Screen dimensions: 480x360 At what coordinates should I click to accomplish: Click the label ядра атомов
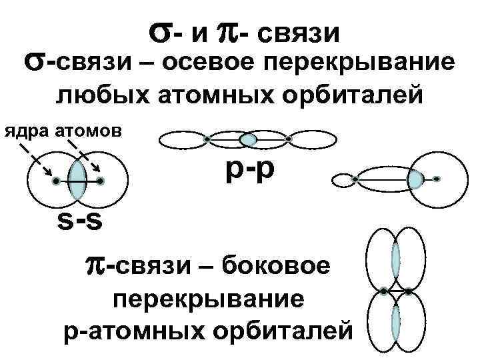click(64, 130)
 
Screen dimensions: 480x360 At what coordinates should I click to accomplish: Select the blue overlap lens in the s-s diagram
click(78, 181)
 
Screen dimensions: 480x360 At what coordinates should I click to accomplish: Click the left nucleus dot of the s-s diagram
click(56, 181)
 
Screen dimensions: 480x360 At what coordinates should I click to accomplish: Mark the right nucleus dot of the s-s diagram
click(100, 181)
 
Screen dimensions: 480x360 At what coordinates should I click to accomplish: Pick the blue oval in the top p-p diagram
click(248, 139)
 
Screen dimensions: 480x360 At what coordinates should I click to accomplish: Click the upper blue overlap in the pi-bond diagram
click(396, 259)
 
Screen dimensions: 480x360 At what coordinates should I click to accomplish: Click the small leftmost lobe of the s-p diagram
click(343, 179)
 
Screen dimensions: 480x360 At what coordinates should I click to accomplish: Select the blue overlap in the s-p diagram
click(416, 179)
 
